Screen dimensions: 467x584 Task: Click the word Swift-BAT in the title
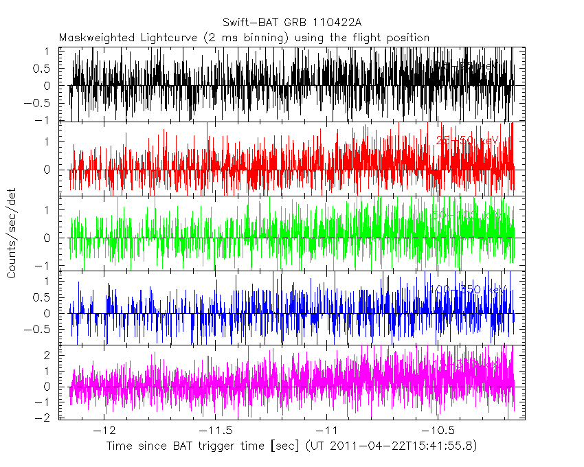tap(247, 22)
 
